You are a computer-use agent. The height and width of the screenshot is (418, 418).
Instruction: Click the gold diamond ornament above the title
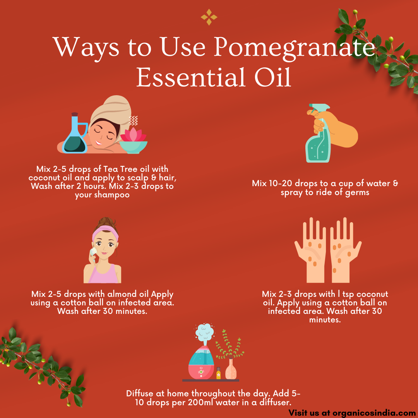(209, 17)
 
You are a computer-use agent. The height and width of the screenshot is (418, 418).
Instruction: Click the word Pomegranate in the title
(295, 47)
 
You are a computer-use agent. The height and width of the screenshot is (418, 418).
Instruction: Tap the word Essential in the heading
(191, 77)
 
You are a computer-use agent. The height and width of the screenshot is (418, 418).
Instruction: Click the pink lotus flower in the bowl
(133, 135)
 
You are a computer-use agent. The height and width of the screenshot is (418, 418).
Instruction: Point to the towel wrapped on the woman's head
(112, 112)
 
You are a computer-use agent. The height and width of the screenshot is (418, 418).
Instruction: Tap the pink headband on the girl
(105, 233)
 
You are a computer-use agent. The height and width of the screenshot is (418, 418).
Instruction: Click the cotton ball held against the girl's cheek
(93, 252)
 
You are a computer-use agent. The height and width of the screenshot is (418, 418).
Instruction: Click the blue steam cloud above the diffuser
(204, 332)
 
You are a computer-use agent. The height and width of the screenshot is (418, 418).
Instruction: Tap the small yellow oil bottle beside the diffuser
(218, 373)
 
